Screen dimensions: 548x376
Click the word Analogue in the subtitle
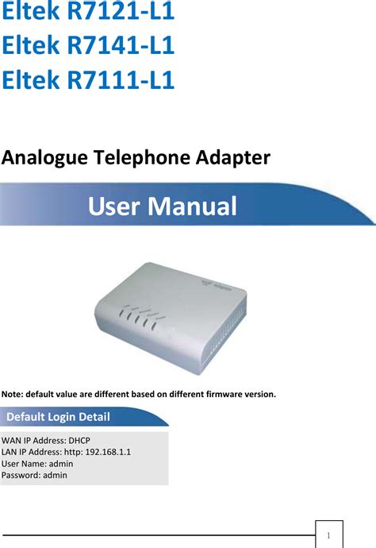44,159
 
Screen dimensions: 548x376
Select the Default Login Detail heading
59,418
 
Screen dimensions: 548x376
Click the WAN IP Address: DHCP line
46,441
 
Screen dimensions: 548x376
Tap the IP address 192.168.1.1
105,452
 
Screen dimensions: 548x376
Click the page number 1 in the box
328,534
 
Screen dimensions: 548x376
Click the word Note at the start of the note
12,393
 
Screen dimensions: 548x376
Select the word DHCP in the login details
78,441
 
